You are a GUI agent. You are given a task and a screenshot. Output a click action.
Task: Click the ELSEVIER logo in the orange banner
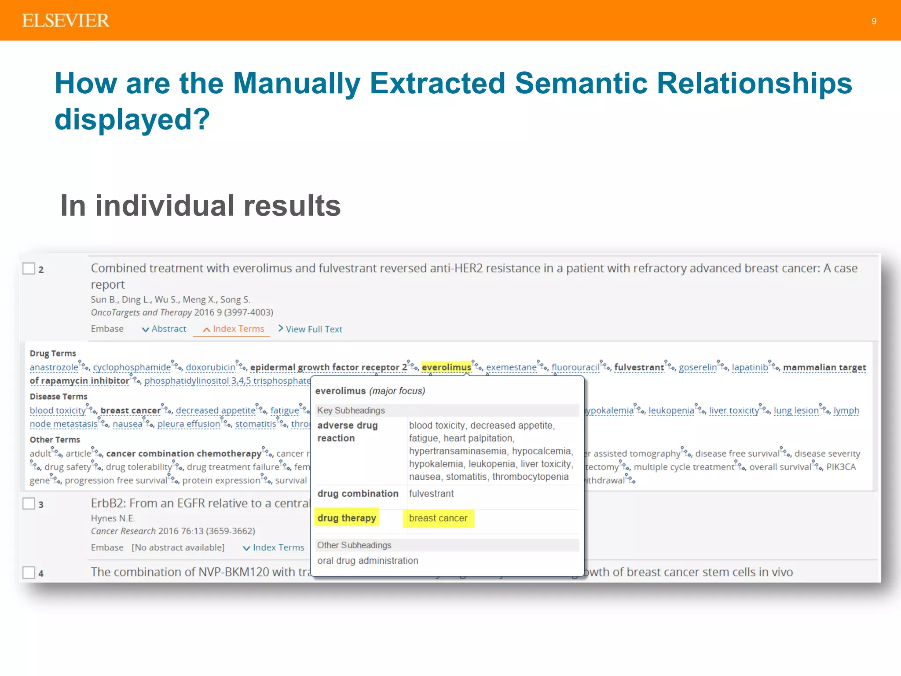(66, 21)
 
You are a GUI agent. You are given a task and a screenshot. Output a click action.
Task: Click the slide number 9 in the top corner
(874, 21)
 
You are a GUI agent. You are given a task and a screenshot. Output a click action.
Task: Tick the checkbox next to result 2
(29, 268)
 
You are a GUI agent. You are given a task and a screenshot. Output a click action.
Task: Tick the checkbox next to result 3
(29, 503)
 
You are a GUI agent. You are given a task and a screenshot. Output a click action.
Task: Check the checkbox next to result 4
(29, 573)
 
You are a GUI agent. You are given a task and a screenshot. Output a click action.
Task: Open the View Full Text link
(313, 329)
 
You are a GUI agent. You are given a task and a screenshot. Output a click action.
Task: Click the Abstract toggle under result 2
(168, 329)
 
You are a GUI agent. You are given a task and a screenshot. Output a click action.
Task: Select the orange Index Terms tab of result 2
(238, 329)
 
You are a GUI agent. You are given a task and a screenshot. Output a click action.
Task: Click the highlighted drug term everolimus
(446, 367)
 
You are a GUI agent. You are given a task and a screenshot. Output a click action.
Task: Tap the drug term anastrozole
(54, 367)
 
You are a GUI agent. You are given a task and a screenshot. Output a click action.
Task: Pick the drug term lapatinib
(750, 367)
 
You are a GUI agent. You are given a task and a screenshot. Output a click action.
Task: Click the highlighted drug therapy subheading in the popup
(347, 518)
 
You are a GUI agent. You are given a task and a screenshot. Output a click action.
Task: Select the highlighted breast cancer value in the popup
(438, 518)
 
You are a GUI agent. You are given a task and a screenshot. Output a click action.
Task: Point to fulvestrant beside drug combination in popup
(431, 493)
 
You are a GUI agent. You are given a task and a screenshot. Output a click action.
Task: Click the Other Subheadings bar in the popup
(447, 545)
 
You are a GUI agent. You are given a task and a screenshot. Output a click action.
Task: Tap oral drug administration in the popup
(368, 561)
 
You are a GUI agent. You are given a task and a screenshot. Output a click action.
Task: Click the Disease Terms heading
(59, 397)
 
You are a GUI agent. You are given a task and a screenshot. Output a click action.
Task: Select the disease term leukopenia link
(671, 411)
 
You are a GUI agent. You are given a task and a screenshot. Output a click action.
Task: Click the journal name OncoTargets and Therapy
(141, 312)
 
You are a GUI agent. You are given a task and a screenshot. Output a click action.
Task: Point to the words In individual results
(201, 206)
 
